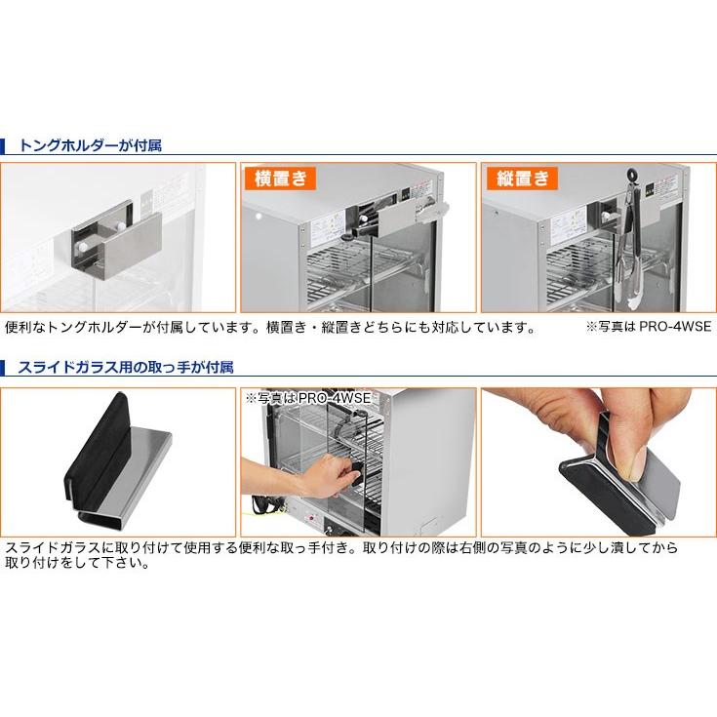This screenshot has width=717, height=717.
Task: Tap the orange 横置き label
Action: pyautogui.click(x=280, y=179)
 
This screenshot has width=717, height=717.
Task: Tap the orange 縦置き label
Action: pyautogui.click(x=520, y=179)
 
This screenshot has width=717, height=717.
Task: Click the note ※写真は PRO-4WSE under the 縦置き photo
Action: pyautogui.click(x=648, y=328)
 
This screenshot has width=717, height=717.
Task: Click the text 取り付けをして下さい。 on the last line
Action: pyautogui.click(x=77, y=564)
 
